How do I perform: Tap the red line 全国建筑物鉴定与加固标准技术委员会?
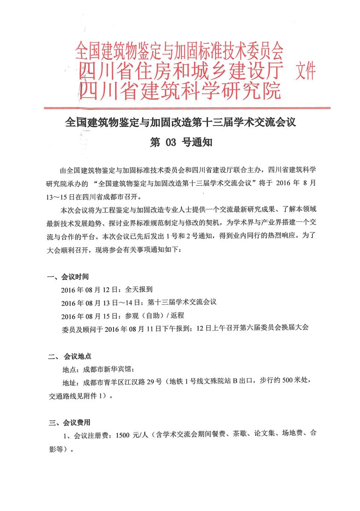click(179, 51)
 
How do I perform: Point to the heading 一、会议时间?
click(68, 277)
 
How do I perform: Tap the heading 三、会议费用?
click(69, 423)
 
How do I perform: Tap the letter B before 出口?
click(234, 382)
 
